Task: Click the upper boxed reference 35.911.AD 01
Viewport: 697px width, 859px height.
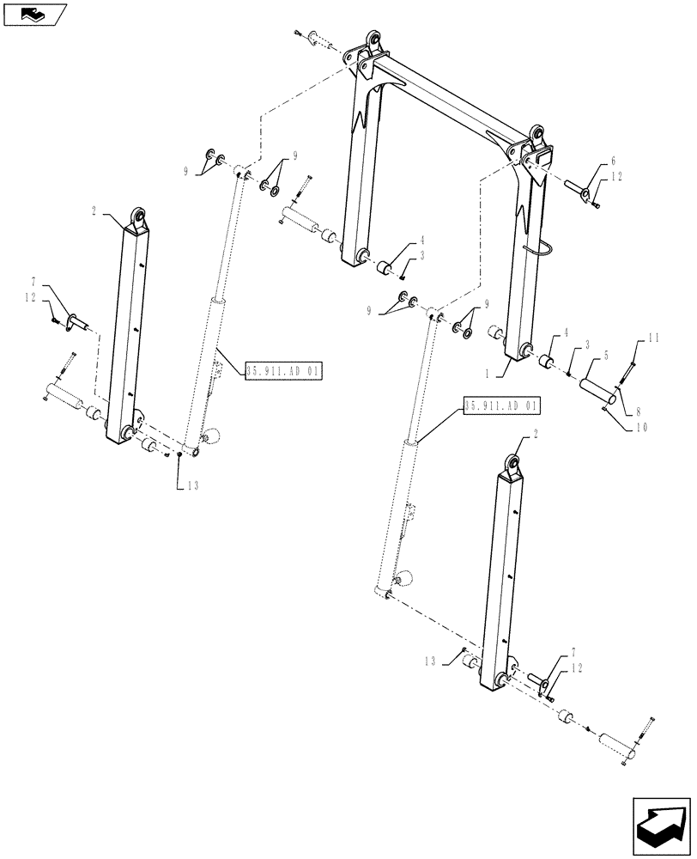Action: pyautogui.click(x=283, y=371)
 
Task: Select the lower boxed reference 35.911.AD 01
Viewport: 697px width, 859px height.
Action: pyautogui.click(x=502, y=405)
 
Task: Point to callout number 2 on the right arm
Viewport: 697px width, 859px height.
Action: pyautogui.click(x=536, y=436)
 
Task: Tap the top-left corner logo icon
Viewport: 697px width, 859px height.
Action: pyautogui.click(x=33, y=14)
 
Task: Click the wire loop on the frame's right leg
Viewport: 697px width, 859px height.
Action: pyautogui.click(x=547, y=250)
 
